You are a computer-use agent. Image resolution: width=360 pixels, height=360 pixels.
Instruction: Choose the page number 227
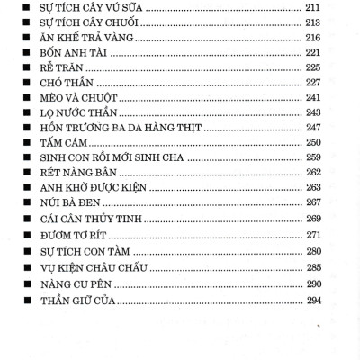point(314,85)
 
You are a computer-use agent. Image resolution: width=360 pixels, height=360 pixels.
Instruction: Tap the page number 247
point(314,130)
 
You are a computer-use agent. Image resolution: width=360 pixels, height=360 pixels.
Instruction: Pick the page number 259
point(314,157)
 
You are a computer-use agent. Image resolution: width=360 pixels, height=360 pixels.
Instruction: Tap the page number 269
point(314,219)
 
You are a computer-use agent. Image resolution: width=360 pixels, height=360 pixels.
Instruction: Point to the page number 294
point(314,300)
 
